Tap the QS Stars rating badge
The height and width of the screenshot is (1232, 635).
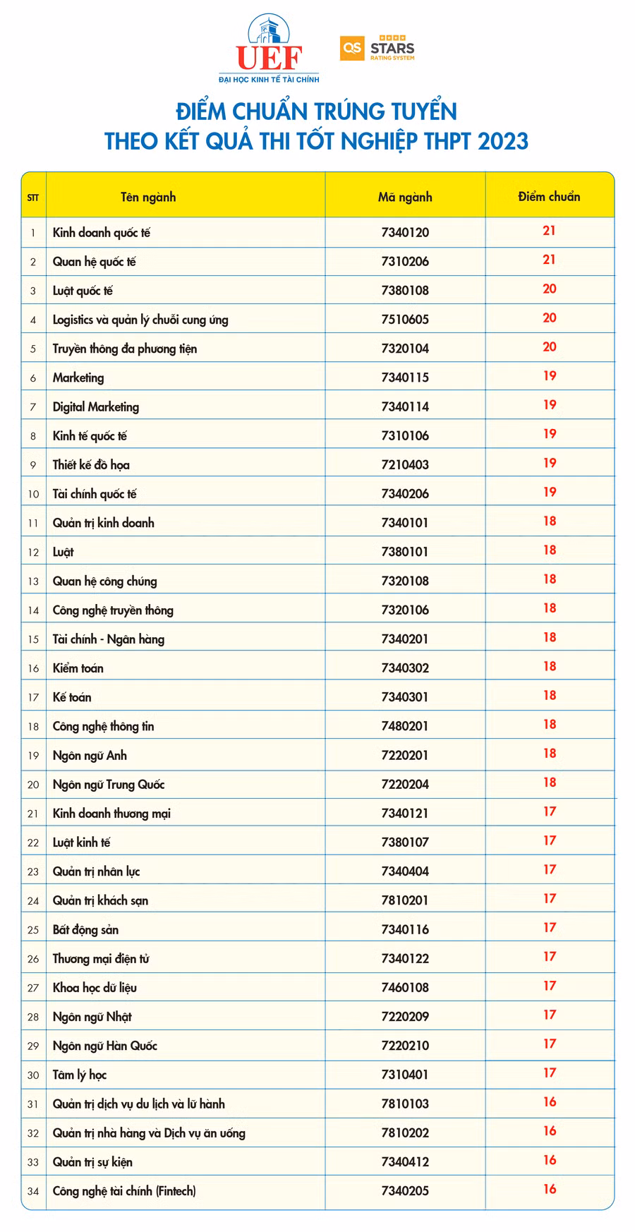[x=377, y=48]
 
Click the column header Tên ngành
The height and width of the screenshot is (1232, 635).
[x=148, y=197]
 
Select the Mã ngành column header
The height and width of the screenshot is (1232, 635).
[x=405, y=197]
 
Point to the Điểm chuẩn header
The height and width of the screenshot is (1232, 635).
[x=549, y=196]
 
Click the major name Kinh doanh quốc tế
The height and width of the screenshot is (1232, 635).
[x=102, y=232]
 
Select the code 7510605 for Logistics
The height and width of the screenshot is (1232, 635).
[x=405, y=319]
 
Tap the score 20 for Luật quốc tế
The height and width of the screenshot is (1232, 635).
[x=550, y=289]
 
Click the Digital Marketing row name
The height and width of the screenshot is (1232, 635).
[x=96, y=406]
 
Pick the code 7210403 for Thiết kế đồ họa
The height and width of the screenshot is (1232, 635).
[x=405, y=464]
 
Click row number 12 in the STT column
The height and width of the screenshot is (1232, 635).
[x=33, y=552]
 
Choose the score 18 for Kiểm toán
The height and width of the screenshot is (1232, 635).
[x=550, y=666]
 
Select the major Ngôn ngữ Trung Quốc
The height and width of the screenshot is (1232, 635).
[x=109, y=784]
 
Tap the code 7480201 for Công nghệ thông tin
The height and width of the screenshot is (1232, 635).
[x=405, y=725]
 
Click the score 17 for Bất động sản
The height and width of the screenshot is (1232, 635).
[x=550, y=927]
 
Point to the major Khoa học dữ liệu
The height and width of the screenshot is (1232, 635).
[x=95, y=987]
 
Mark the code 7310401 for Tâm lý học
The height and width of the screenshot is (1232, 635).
[x=405, y=1074]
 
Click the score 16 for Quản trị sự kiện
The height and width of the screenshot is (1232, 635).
[x=550, y=1159]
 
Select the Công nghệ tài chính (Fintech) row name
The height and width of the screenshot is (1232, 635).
[x=124, y=1190]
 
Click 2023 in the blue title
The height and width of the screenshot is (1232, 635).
[x=502, y=140]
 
